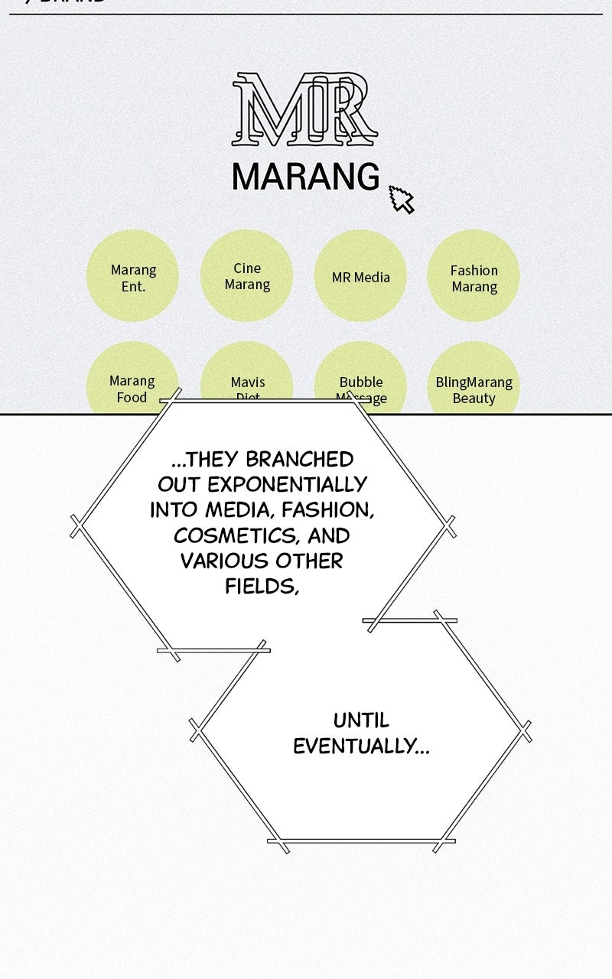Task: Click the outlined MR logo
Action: tap(304, 109)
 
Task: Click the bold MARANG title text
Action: tap(305, 177)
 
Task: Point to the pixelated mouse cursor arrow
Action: tap(401, 199)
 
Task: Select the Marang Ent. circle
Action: tap(133, 277)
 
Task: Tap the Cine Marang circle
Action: tap(247, 276)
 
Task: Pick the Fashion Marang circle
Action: tap(474, 277)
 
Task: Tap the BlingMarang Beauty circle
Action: tap(474, 386)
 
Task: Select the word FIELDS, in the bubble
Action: tap(261, 587)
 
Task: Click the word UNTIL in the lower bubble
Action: tap(361, 720)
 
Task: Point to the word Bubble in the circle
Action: tap(361, 382)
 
